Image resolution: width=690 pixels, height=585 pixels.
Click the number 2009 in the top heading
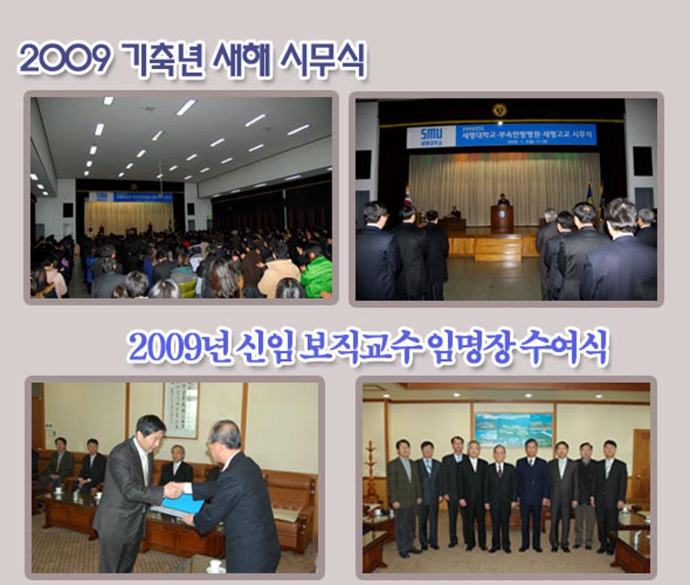pyautogui.click(x=64, y=58)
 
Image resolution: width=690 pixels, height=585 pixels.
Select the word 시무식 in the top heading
pyautogui.click(x=322, y=60)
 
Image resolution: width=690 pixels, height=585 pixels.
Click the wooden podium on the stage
pyautogui.click(x=502, y=218)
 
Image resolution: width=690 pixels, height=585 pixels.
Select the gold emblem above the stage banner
pyautogui.click(x=499, y=110)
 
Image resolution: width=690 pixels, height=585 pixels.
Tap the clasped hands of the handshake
pyautogui.click(x=174, y=490)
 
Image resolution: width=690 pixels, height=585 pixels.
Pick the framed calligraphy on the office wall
pyautogui.click(x=181, y=409)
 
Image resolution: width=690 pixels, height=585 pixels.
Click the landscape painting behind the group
pyautogui.click(x=513, y=430)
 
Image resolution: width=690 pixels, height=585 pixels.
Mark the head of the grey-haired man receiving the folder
pyautogui.click(x=225, y=435)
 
